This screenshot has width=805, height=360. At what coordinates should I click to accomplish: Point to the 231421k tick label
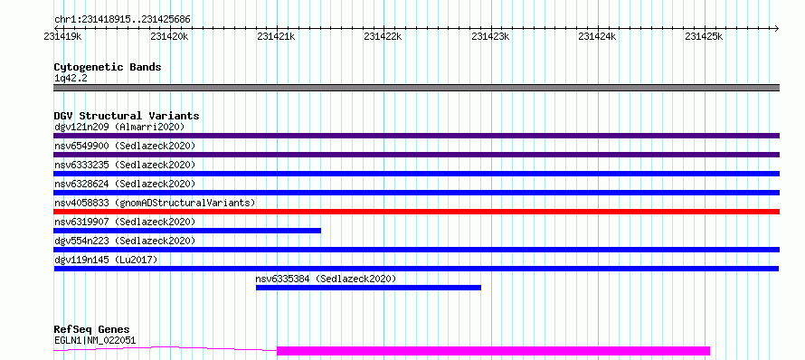276,36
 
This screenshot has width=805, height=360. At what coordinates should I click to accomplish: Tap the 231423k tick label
490,36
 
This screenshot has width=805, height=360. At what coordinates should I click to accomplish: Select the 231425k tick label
704,36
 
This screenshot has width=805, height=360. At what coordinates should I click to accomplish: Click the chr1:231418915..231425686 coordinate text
122,20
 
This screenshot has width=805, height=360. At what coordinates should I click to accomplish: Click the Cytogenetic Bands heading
108,67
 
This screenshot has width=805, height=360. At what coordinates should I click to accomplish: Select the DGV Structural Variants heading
127,116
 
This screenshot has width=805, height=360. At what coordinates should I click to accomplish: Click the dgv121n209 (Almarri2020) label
119,127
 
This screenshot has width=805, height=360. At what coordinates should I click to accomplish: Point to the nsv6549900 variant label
125,146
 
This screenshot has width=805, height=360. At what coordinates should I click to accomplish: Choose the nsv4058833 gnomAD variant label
155,203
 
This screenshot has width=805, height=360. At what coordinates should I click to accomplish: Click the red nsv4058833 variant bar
416,212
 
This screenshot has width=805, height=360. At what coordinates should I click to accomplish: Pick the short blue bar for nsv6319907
187,231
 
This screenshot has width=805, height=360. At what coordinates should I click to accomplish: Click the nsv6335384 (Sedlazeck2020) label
326,279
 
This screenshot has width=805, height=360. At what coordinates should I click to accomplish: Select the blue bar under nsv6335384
368,288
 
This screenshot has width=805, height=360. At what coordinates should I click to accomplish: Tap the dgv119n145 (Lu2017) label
106,260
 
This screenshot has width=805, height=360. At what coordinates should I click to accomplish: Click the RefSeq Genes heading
92,329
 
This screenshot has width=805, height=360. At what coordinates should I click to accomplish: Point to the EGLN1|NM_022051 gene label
95,340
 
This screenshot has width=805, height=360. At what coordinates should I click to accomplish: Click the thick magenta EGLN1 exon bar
493,351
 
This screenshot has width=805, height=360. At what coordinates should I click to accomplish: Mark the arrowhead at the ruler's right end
777,28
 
